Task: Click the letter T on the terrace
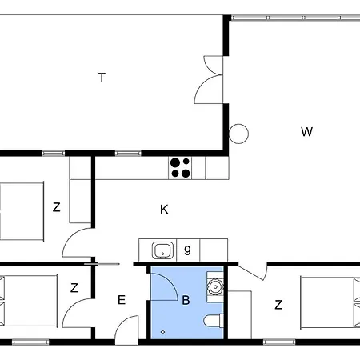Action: coord(102,78)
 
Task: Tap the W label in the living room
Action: coord(306,132)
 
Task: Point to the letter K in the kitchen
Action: coord(164,210)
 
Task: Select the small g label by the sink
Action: coord(187,250)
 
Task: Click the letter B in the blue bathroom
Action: coord(186,301)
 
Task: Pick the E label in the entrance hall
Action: coord(122,301)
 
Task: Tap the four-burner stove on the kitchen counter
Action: coord(180,167)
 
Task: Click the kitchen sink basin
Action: coord(162,250)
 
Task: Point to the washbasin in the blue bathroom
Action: coord(214,284)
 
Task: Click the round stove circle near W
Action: coord(238,134)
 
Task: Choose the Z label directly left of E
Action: coord(74,288)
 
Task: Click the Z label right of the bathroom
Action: coord(278,305)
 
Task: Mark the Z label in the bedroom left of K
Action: coord(56,207)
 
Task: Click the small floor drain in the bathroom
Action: coord(163,332)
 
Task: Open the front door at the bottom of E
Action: coord(126,330)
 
